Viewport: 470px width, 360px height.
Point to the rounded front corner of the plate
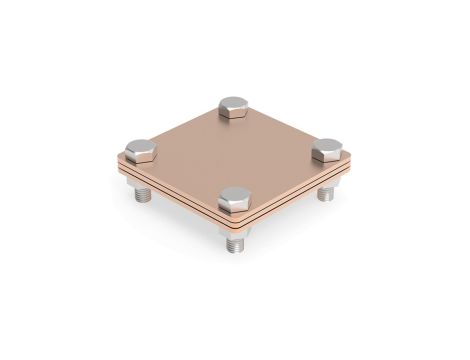point(237,223)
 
